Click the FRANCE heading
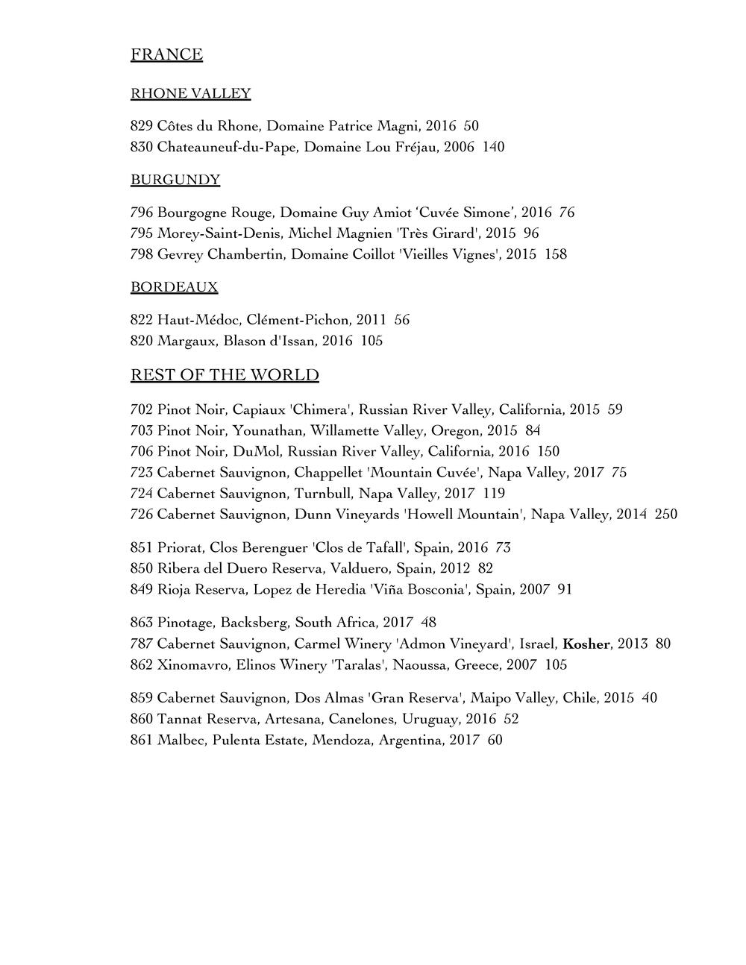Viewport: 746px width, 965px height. (166, 54)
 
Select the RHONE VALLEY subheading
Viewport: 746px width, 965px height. (190, 93)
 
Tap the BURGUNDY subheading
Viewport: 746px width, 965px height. (175, 180)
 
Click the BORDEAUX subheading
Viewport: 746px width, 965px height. (174, 287)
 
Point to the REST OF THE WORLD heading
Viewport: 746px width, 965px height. (225, 375)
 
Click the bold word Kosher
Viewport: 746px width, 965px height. (586, 644)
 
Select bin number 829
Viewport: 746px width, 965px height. (141, 126)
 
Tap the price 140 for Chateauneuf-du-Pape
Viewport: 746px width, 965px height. (493, 147)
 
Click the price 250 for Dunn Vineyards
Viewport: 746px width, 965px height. (665, 515)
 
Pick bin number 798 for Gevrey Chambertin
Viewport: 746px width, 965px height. (141, 254)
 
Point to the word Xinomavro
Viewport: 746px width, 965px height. (189, 664)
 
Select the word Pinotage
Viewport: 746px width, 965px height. (184, 622)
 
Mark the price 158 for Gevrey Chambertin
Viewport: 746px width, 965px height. (555, 254)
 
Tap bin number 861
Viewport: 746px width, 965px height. (141, 741)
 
